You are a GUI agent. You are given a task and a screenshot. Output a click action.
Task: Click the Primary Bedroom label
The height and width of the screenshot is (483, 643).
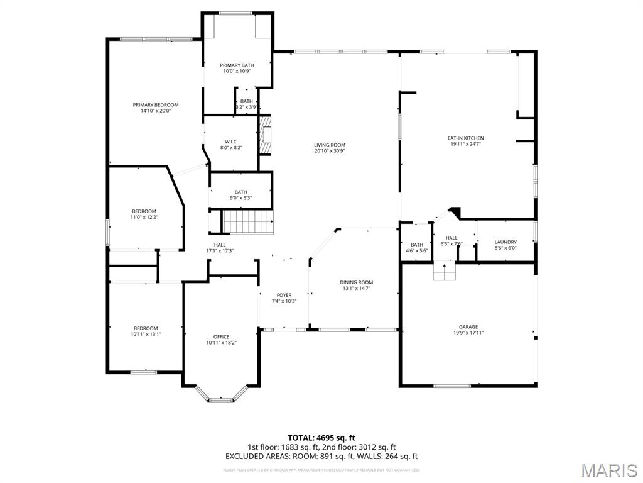[156, 105]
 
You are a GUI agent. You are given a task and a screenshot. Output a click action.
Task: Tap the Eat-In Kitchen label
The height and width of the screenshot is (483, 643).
[465, 138]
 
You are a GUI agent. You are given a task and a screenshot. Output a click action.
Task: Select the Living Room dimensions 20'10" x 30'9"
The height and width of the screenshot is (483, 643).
[330, 152]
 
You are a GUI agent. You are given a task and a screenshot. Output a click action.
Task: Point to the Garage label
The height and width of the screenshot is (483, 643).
[468, 327]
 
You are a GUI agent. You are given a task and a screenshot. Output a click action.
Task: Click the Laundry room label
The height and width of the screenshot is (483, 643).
[505, 242]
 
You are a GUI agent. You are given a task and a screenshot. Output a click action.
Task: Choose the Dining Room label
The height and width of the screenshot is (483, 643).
[357, 282]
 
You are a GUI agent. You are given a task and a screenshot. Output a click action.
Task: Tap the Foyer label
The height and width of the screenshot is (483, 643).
[284, 295]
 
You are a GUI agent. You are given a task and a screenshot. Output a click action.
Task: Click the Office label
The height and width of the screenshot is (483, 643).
[221, 336]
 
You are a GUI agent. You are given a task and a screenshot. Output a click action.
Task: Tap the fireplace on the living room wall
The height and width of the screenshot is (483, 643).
[266, 135]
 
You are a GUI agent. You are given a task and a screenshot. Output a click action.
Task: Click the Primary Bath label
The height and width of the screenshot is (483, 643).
[237, 65]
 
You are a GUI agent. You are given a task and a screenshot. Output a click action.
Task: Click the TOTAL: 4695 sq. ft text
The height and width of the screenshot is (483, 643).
[321, 438]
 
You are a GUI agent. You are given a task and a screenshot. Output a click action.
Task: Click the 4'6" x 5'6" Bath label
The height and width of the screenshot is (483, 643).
[417, 245]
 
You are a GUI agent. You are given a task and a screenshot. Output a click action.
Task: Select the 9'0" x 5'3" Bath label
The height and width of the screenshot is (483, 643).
[241, 192]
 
